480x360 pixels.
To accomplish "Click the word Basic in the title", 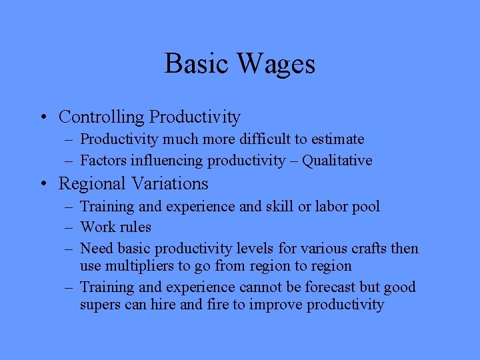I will pos(193,64).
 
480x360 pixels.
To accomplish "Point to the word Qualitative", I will pos(337,161).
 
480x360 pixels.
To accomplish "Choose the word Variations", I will pos(173,183).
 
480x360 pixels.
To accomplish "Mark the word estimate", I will pos(338,139).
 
